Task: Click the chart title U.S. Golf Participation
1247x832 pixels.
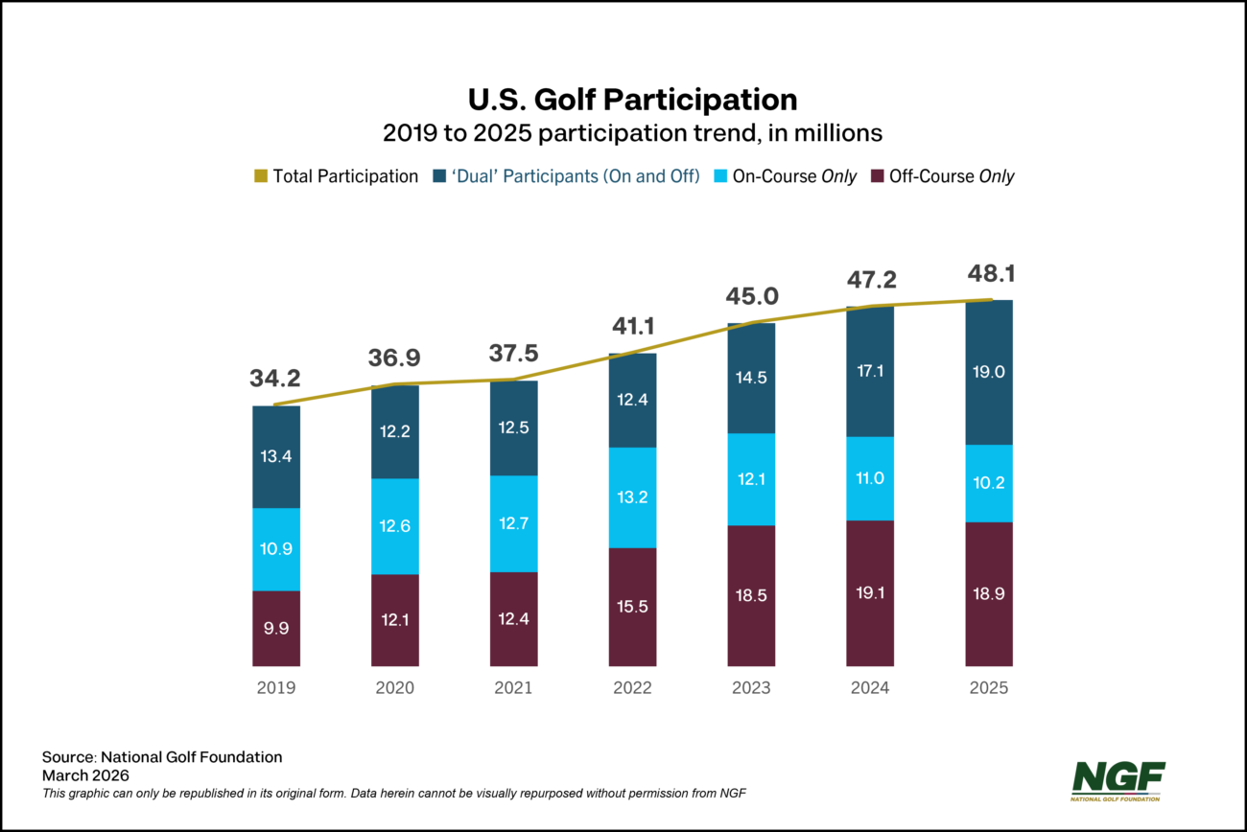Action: pyautogui.click(x=632, y=99)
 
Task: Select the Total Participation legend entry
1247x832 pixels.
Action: pyautogui.click(x=336, y=176)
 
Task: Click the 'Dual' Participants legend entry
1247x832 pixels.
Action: pyautogui.click(x=566, y=176)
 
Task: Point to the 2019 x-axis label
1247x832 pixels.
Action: pyautogui.click(x=275, y=688)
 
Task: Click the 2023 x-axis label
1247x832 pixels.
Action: pyautogui.click(x=751, y=688)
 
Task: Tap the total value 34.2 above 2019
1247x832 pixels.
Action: pyautogui.click(x=276, y=378)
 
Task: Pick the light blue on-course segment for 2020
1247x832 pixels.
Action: pyautogui.click(x=395, y=526)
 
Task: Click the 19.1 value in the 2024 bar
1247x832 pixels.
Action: pyautogui.click(x=870, y=593)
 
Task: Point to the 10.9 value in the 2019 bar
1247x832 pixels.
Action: pyautogui.click(x=276, y=549)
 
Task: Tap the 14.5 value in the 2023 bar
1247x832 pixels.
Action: pyautogui.click(x=751, y=378)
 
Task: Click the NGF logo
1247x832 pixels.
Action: pyautogui.click(x=1118, y=780)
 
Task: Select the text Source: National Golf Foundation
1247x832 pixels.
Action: pyautogui.click(x=162, y=757)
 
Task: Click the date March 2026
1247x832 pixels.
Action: pyautogui.click(x=85, y=774)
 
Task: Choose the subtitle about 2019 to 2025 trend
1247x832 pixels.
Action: pyautogui.click(x=632, y=133)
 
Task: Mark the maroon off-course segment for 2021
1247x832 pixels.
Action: pyautogui.click(x=513, y=619)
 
